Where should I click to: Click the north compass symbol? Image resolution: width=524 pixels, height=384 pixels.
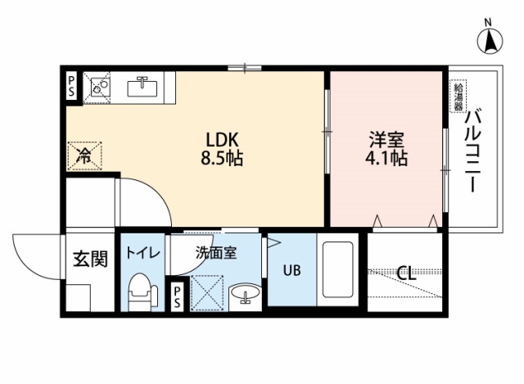[x=490, y=41]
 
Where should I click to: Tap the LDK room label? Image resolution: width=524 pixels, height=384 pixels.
[x=222, y=140]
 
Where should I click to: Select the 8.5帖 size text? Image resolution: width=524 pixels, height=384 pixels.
[x=222, y=158]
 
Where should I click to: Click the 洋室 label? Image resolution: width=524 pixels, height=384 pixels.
[x=386, y=140]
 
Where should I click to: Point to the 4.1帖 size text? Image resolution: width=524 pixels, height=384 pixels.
[x=386, y=158]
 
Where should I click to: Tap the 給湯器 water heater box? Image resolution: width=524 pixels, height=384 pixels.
[x=458, y=97]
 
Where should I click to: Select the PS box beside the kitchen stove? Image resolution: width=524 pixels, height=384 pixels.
[x=71, y=86]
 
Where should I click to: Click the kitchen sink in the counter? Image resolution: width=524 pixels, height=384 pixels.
[x=142, y=86]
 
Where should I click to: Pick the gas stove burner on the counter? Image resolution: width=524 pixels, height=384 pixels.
[x=97, y=86]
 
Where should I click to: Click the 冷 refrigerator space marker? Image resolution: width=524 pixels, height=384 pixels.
[x=84, y=156]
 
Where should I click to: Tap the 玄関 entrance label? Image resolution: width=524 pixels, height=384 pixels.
[x=90, y=259]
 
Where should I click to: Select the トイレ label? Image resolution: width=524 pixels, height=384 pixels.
[x=143, y=253]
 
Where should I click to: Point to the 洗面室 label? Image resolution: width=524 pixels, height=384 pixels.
[x=216, y=253]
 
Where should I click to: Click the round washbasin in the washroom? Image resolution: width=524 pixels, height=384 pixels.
[x=246, y=293]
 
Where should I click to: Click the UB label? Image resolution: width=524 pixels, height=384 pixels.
[x=291, y=270]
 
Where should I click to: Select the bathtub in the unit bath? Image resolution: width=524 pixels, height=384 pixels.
[x=337, y=269]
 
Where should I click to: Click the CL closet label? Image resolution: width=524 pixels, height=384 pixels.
[x=407, y=273]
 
